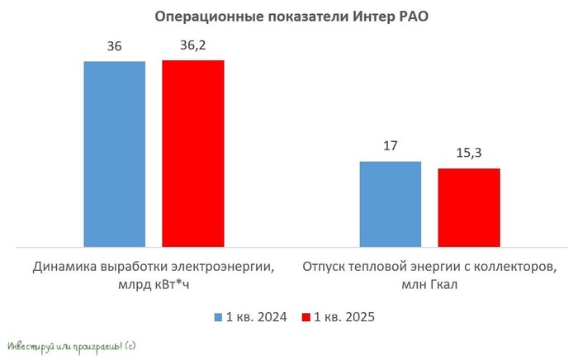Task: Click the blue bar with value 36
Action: click(x=114, y=154)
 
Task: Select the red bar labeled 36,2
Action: click(x=192, y=153)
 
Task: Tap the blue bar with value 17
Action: click(x=390, y=203)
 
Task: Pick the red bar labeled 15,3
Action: click(x=468, y=207)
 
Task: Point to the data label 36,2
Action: click(x=192, y=46)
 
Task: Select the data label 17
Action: click(x=390, y=146)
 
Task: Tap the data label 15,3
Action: click(x=468, y=154)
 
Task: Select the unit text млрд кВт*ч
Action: click(x=154, y=285)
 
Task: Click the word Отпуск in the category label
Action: click(x=327, y=268)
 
